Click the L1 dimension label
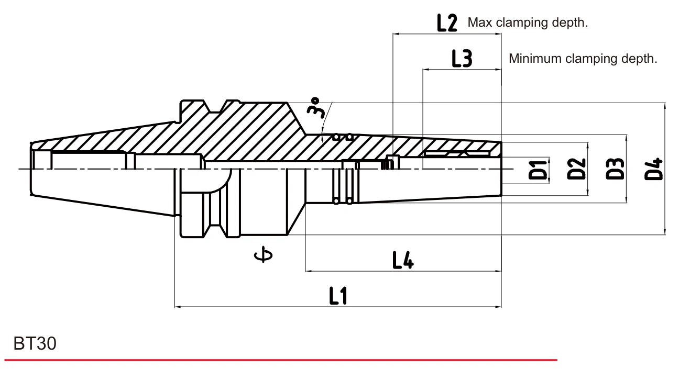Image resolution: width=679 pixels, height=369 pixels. [x=338, y=296]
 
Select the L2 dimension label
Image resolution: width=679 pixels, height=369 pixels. [x=447, y=23]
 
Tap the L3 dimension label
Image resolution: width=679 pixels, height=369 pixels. [x=462, y=59]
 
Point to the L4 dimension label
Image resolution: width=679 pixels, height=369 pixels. [x=403, y=260]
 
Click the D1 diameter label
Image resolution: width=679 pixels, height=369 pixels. [x=538, y=170]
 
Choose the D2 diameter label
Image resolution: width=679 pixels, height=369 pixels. [x=576, y=169]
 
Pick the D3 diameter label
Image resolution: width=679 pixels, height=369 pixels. [x=615, y=169]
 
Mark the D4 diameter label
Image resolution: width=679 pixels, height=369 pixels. [x=653, y=169]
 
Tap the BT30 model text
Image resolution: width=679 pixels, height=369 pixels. [x=35, y=343]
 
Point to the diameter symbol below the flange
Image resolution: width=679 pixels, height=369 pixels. [x=263, y=254]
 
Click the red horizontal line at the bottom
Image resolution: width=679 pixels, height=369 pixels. [x=281, y=360]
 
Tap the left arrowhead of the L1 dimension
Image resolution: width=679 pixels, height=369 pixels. [x=178, y=307]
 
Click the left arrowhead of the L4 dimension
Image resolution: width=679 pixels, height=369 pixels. [x=309, y=271]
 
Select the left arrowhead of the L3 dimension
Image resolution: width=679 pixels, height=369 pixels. [x=426, y=70]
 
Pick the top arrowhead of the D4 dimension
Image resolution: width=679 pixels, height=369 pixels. [x=665, y=106]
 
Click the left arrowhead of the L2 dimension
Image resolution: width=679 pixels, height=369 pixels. [x=396, y=34]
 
